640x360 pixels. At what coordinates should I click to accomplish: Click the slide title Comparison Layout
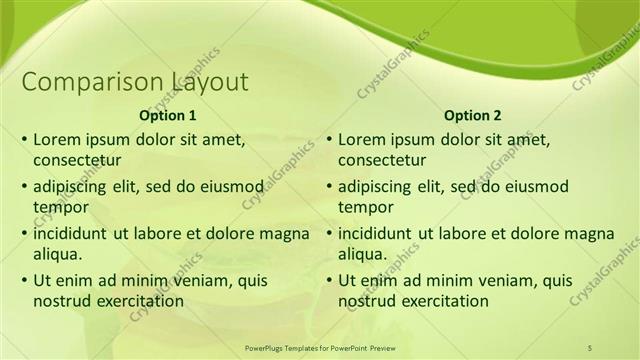[135, 82]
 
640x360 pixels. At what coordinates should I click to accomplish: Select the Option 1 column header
[168, 115]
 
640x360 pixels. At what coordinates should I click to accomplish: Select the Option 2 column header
[473, 115]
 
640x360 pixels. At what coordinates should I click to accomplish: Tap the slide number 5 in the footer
[590, 347]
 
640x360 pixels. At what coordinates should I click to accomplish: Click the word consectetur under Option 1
[77, 160]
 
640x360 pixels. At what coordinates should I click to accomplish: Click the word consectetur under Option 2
[382, 160]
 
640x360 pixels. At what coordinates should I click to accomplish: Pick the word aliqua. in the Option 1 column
[59, 254]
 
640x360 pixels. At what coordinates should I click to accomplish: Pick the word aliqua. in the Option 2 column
[364, 254]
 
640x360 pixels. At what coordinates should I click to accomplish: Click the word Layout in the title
[210, 82]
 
